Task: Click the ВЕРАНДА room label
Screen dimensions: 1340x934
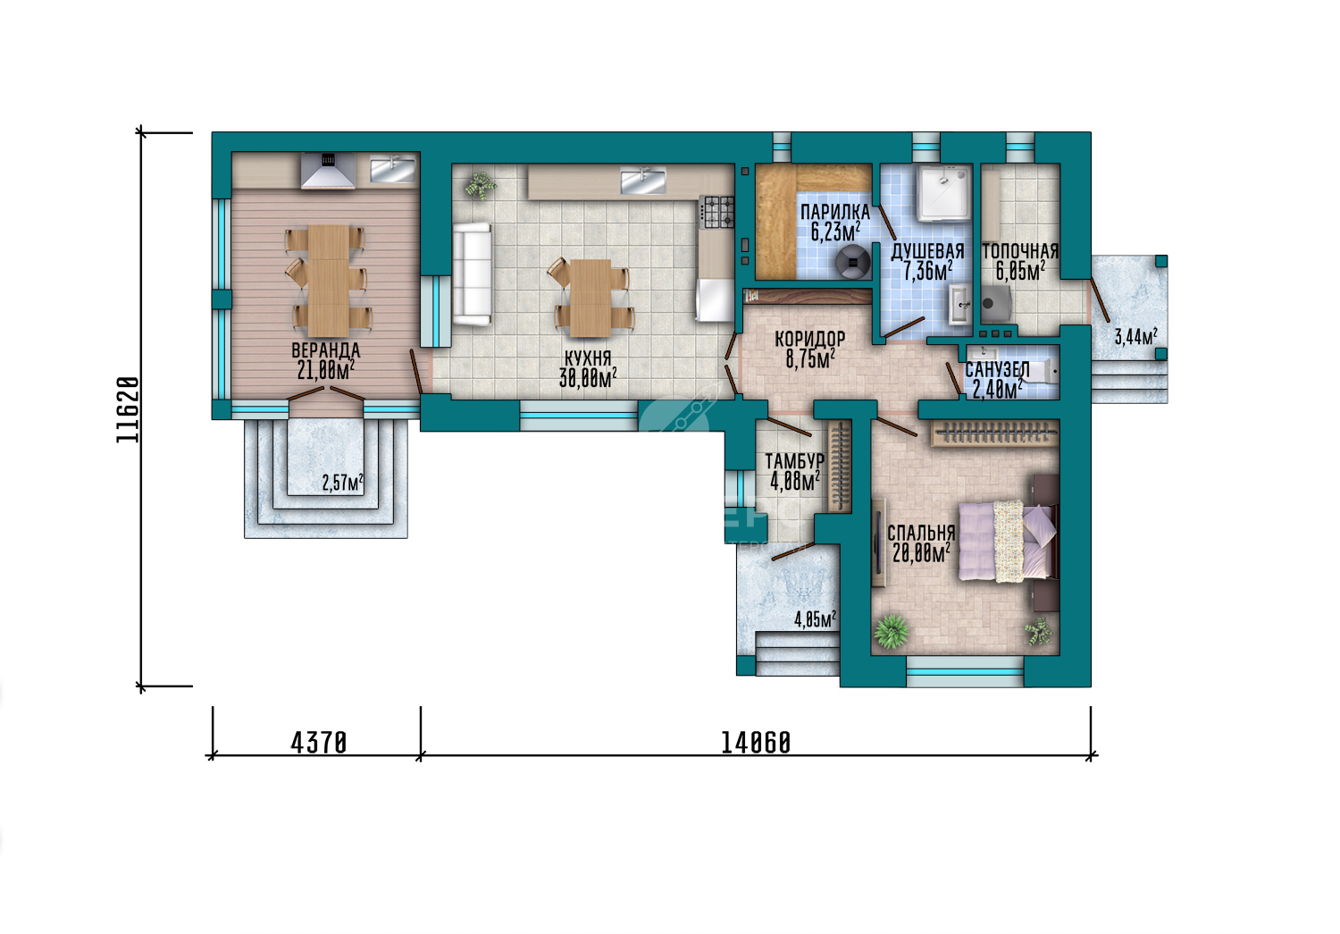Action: point(325,350)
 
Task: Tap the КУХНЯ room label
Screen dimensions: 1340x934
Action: point(588,358)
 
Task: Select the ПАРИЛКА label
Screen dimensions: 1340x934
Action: point(835,212)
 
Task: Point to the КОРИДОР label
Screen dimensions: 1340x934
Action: point(810,340)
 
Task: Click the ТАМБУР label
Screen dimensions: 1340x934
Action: point(794,461)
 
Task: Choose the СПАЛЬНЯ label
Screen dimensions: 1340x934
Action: point(921,533)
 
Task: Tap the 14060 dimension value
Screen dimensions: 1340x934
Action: point(756,743)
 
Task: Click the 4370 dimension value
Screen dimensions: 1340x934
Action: point(318,743)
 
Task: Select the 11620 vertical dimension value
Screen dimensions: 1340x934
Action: point(128,410)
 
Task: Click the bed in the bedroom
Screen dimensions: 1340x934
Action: point(1009,542)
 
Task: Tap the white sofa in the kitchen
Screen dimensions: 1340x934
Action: point(472,274)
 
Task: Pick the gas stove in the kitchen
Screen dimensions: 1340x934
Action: point(716,213)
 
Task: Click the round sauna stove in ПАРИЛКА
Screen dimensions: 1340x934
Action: point(853,262)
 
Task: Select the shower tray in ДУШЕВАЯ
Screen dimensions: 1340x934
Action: point(944,194)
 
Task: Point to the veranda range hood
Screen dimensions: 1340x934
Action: point(328,171)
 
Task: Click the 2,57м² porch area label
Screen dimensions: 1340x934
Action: point(343,483)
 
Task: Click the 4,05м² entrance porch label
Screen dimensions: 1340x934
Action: point(815,619)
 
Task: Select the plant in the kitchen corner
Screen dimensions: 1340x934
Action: point(481,185)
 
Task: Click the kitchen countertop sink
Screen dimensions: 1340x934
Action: point(642,182)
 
